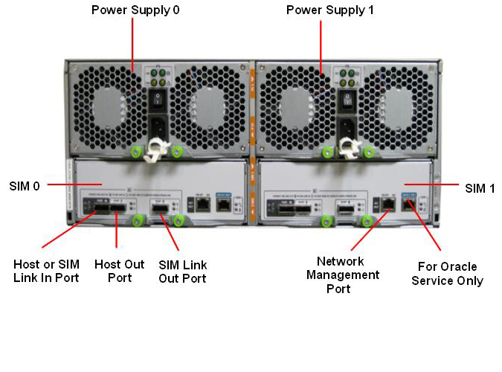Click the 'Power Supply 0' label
(x=135, y=10)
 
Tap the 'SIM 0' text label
(x=25, y=185)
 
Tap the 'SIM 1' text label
(x=480, y=188)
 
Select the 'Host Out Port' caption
(x=119, y=271)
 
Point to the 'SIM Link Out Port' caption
(x=183, y=271)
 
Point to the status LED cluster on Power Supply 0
(x=159, y=77)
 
